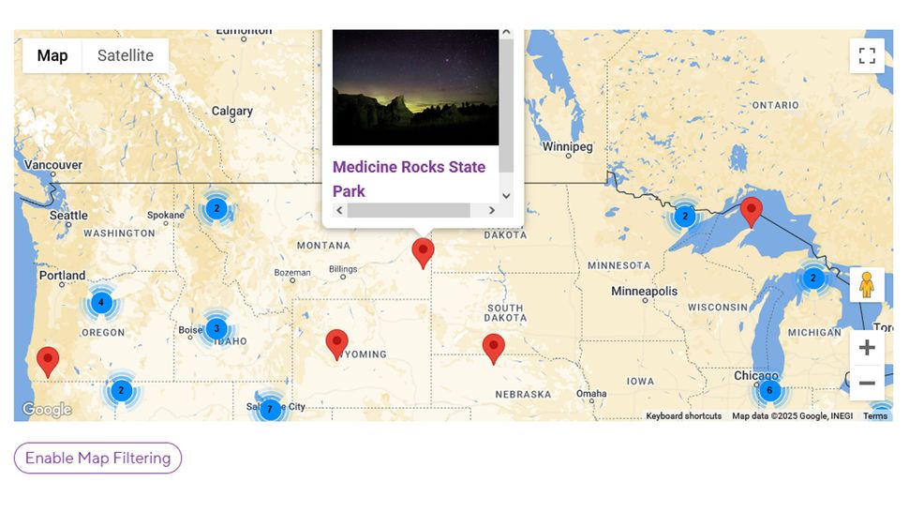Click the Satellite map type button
pos(125,55)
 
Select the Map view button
pos(52,55)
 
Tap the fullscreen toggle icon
pos(867,55)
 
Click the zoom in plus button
pos(867,348)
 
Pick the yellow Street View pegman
pos(867,285)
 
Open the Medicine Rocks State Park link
pos(409,178)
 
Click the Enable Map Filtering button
pos(97,458)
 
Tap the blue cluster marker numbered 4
pos(101,303)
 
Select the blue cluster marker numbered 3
pos(216,328)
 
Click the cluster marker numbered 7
pos(270,409)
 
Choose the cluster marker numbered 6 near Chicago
pos(769,390)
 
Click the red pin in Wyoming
pos(336,343)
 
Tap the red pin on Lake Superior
pos(751,211)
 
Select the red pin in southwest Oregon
pos(47,360)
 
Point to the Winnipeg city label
pos(568,147)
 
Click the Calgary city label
pos(232,111)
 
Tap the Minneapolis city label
pos(644,292)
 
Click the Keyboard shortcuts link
pos(683,415)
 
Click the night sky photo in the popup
pos(415,86)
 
